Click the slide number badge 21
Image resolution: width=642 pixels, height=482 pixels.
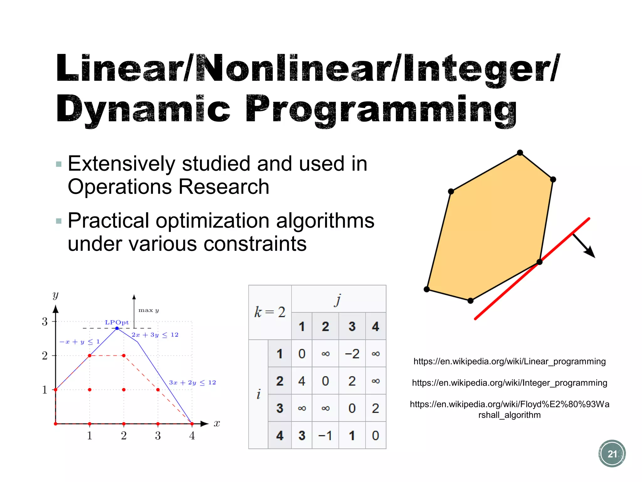(x=612, y=453)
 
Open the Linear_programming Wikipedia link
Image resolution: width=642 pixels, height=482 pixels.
(x=509, y=361)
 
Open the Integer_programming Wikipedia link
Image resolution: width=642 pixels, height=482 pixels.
(x=509, y=383)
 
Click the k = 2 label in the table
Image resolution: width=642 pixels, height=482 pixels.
(x=270, y=312)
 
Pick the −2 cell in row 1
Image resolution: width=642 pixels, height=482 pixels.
(x=352, y=354)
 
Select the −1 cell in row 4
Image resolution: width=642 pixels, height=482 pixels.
(x=325, y=436)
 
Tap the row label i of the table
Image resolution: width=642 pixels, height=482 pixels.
(x=258, y=394)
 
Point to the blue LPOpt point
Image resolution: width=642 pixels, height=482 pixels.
(x=117, y=328)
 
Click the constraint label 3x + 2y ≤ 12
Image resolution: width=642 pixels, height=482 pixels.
(x=192, y=383)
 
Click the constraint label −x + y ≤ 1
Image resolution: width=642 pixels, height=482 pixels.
(x=80, y=342)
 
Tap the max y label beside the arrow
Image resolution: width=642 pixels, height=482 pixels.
(x=149, y=310)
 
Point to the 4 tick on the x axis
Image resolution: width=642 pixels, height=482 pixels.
(x=192, y=435)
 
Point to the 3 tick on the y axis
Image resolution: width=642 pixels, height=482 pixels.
(x=45, y=322)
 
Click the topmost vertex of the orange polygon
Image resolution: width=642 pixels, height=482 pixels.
(x=520, y=153)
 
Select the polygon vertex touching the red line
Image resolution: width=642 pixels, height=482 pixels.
(x=539, y=262)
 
